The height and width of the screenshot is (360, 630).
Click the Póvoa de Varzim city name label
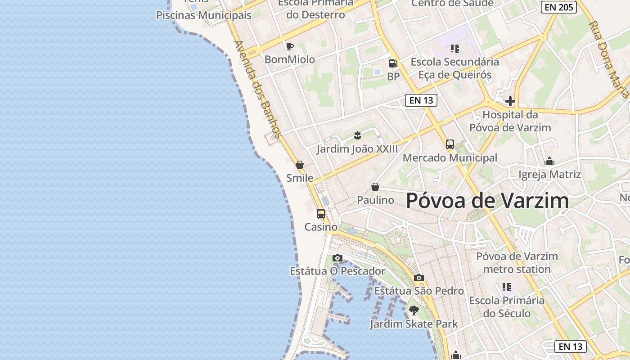click(x=487, y=201)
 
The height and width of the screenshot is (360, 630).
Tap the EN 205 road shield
click(x=558, y=7)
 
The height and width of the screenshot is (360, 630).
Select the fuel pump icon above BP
click(x=393, y=63)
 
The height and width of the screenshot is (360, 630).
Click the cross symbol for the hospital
click(x=510, y=101)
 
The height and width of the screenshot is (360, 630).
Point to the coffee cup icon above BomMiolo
click(x=290, y=46)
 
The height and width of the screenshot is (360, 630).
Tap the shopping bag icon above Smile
click(x=300, y=165)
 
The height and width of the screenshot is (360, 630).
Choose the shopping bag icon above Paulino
click(x=375, y=187)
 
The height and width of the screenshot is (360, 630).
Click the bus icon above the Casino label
click(x=321, y=214)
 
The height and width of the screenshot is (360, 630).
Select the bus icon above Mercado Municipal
click(x=450, y=144)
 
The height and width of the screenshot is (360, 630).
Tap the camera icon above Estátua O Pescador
click(x=337, y=258)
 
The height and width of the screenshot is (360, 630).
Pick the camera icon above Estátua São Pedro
click(x=419, y=278)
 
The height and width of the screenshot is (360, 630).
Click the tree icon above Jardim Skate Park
click(x=414, y=310)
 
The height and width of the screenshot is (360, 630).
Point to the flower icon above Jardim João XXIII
click(x=357, y=135)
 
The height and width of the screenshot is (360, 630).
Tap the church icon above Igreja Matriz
click(x=549, y=161)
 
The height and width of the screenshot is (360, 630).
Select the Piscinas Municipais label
click(x=203, y=15)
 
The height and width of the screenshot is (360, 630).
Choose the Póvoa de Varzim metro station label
click(x=517, y=263)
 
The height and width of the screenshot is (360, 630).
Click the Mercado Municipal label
click(x=450, y=158)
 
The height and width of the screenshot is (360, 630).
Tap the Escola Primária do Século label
click(x=507, y=307)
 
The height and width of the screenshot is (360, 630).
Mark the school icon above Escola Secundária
click(x=455, y=48)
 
